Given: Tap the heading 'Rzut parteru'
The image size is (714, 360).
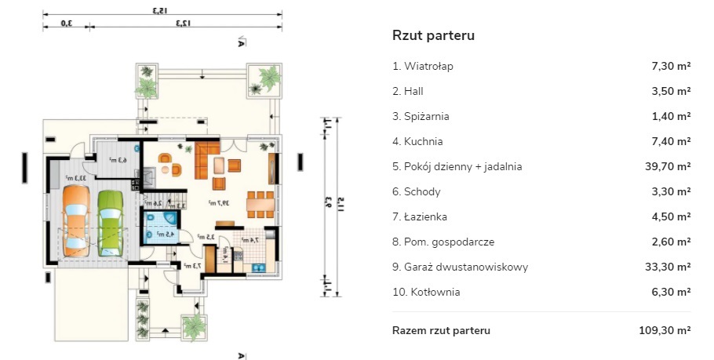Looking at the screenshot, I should pos(433,35).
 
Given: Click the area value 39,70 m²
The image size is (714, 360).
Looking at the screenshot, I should pos(666,166).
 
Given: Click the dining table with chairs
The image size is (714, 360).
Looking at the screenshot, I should pos(260,202).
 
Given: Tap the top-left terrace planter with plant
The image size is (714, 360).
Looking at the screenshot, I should pos(147,79).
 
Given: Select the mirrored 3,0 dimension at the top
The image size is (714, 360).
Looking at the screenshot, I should pos(67,24).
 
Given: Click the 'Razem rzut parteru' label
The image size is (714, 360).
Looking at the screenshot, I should pos(441,330).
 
